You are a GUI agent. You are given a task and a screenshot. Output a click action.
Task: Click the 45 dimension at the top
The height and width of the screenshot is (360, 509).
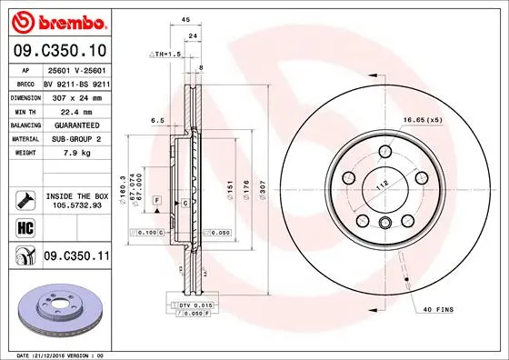(x=185, y=19)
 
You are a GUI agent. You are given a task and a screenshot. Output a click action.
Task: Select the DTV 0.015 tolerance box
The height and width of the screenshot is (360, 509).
(x=189, y=305)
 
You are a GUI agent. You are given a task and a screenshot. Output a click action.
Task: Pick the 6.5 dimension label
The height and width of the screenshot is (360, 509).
(x=156, y=119)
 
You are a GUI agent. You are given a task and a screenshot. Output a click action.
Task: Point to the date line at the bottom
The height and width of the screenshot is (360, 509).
(x=55, y=354)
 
